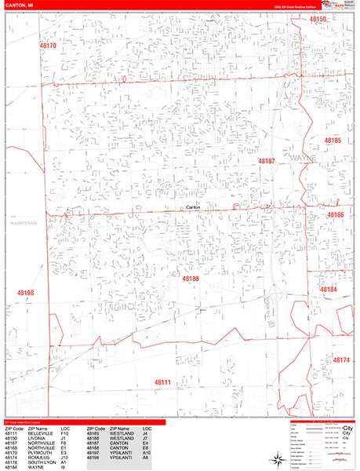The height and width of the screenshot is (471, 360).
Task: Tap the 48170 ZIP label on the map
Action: coord(49,46)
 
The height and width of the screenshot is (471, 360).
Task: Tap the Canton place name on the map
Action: coord(194,207)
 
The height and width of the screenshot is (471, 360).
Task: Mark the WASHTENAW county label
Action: coord(24,224)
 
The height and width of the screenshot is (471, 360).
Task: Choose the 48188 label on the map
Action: coord(191,279)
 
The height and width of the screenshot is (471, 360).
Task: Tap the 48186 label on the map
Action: coord(336,214)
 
